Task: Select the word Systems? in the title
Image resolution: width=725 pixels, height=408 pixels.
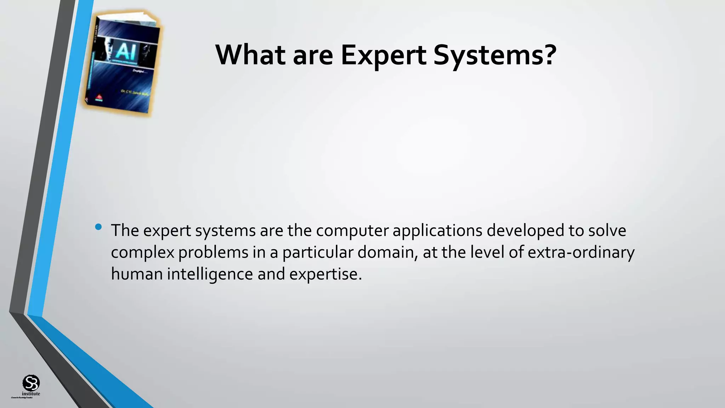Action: (495, 56)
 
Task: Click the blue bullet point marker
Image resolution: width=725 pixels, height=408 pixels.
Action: (98, 227)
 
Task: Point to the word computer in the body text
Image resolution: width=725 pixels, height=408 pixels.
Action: (352, 231)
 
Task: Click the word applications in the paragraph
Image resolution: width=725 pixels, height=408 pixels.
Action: (438, 231)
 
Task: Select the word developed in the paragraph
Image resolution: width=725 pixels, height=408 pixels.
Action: (525, 231)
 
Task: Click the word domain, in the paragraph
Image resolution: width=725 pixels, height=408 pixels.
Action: (388, 253)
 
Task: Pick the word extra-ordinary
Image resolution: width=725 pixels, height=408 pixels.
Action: (581, 253)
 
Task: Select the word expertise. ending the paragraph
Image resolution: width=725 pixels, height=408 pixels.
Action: (325, 274)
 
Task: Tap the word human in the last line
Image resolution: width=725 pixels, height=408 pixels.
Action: (137, 274)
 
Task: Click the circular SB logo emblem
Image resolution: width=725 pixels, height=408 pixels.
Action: (31, 382)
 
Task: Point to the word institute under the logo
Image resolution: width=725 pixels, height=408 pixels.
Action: (31, 394)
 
